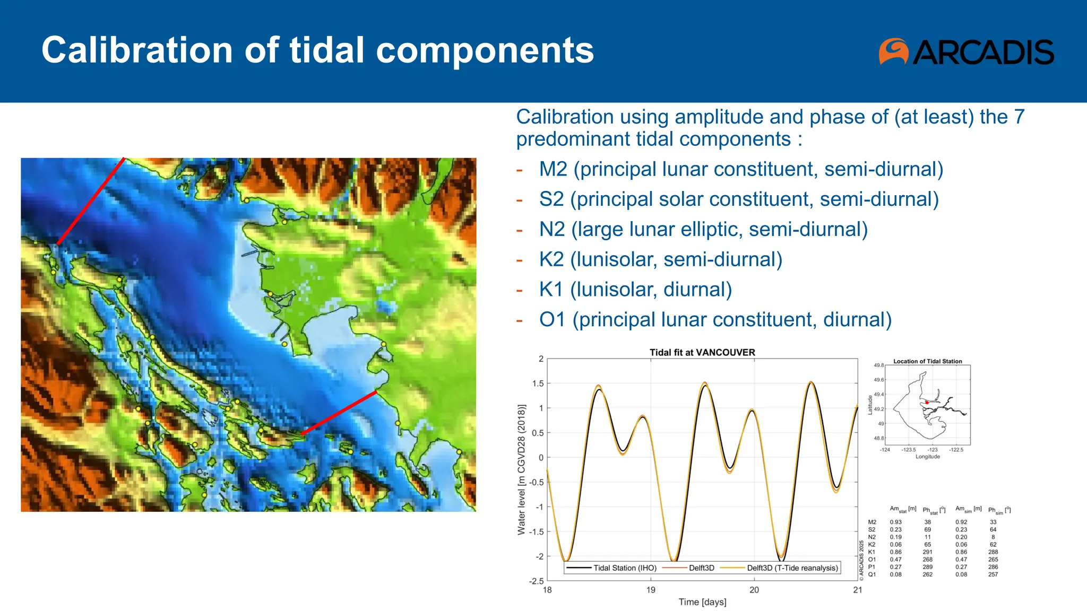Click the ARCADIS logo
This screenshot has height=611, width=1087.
[966, 51]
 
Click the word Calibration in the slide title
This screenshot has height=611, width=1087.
[137, 50]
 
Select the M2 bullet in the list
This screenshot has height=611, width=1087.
[741, 169]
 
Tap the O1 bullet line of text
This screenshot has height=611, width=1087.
[715, 320]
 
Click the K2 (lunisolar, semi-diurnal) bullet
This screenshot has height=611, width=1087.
[660, 259]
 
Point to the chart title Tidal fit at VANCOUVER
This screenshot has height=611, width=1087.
[702, 352]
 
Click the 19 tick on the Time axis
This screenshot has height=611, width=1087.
[651, 590]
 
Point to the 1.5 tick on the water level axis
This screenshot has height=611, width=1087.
[538, 383]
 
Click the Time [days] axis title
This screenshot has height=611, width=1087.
[702, 602]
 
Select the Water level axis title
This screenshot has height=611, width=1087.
[521, 469]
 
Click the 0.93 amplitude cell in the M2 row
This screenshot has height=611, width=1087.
[895, 522]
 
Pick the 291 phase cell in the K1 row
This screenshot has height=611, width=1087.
[927, 552]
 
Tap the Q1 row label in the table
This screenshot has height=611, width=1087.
[872, 574]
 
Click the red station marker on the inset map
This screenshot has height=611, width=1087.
[927, 403]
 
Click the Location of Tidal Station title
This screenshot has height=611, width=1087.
[927, 361]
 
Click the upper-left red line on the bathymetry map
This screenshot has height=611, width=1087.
[90, 202]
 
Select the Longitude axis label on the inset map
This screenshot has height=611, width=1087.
[927, 457]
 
